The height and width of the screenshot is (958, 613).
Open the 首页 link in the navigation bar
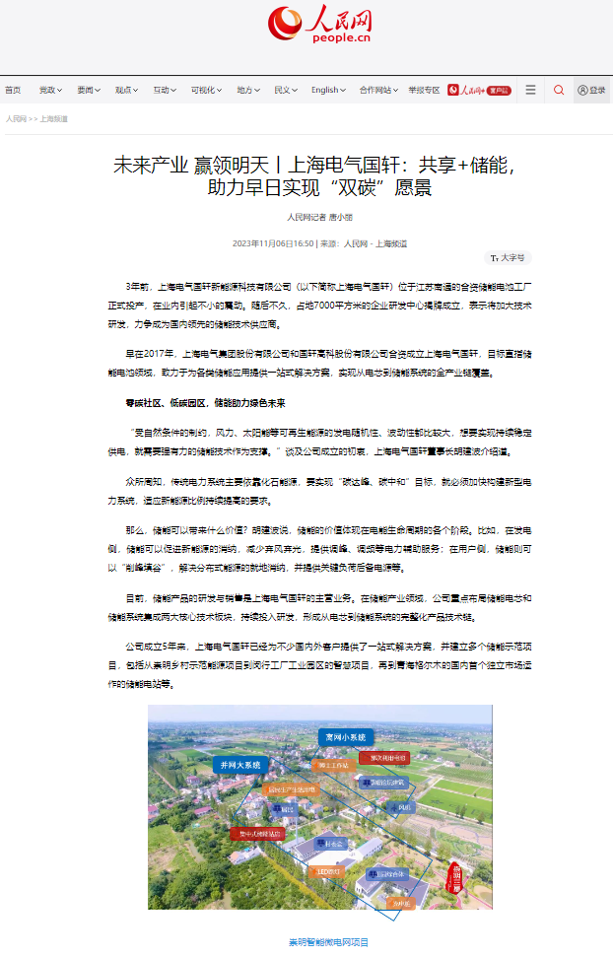tap(13, 90)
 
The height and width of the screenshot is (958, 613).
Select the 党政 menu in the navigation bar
tap(49, 90)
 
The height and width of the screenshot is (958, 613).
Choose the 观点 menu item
tap(126, 90)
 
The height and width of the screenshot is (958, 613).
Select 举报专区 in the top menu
tap(424, 90)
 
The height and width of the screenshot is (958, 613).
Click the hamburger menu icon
tap(530, 90)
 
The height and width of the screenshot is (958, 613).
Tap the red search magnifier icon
tap(559, 90)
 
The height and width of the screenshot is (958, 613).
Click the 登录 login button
tap(592, 90)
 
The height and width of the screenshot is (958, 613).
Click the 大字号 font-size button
tap(510, 258)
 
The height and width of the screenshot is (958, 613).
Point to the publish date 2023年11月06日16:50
tap(273, 242)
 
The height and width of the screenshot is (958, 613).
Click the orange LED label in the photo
tap(327, 871)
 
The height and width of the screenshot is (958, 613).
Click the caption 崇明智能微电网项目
tap(328, 942)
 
